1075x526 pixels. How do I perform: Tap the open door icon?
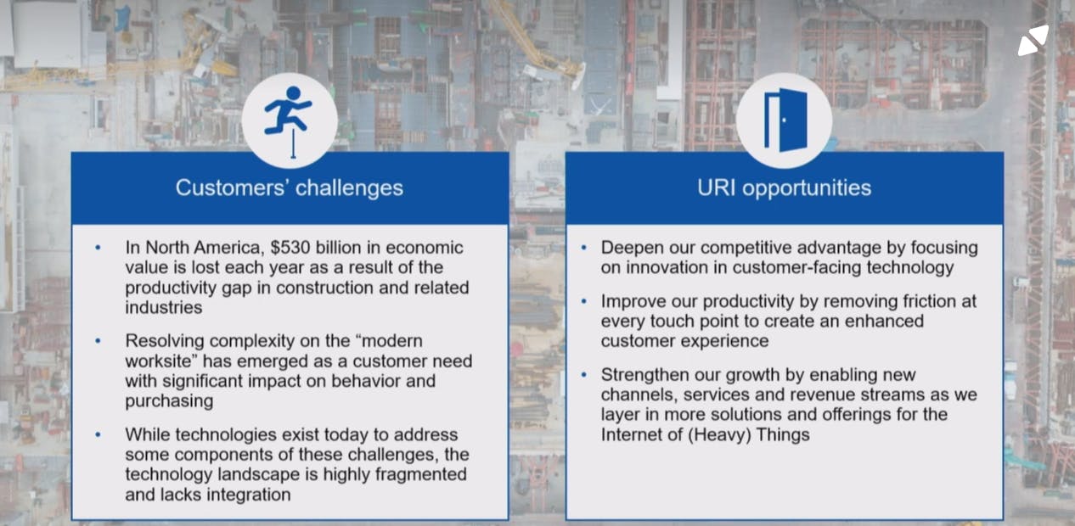point(785,120)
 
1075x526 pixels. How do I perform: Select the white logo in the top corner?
point(1033,42)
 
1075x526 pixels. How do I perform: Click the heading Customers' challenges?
point(289,187)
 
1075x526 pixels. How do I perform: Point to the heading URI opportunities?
point(785,187)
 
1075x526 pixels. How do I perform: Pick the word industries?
point(164,307)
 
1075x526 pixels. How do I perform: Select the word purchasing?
point(170,400)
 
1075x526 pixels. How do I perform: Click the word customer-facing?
point(796,267)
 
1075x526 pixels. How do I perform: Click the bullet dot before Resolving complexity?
point(98,341)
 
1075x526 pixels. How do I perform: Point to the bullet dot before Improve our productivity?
point(584,301)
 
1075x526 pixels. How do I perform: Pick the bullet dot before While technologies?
point(98,435)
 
